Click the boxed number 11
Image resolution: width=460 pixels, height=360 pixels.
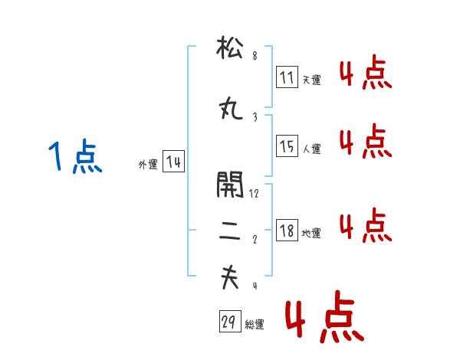[287, 77]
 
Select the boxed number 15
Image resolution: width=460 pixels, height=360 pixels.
[287, 146]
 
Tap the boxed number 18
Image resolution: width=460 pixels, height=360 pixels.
[287, 230]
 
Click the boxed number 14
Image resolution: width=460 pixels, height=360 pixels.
[173, 162]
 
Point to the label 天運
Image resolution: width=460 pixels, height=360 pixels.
[311, 80]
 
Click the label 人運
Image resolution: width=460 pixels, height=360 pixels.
[311, 149]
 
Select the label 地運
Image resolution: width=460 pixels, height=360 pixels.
[311, 233]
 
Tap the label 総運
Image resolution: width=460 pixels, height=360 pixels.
[255, 325]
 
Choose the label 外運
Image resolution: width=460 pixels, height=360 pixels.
[147, 165]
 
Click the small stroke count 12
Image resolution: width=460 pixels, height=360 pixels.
[254, 194]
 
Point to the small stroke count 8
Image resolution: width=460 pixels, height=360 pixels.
[255, 55]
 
